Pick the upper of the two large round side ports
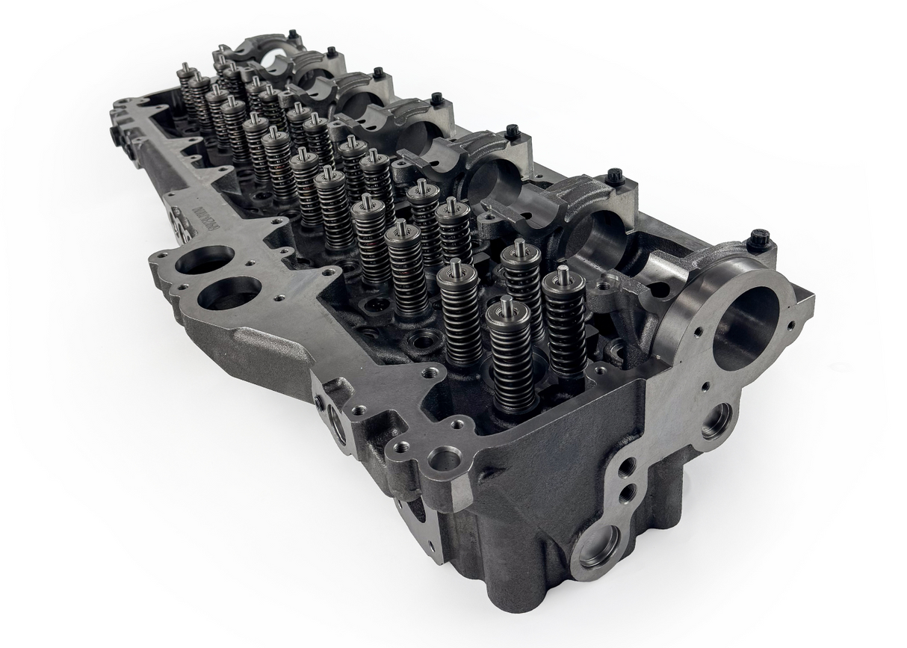206,261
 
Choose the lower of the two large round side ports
230,293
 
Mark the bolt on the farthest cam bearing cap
292,34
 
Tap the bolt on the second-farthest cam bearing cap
331,52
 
